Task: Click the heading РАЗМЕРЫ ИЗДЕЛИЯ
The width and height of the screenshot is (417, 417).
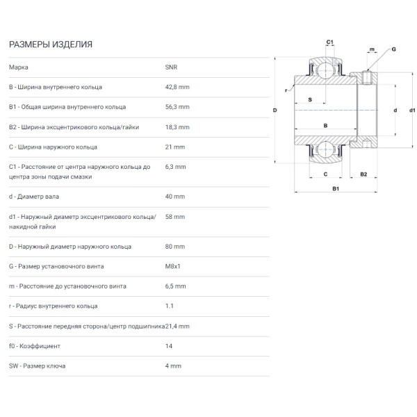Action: [x=51, y=44]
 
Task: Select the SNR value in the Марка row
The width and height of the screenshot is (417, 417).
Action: [x=171, y=67]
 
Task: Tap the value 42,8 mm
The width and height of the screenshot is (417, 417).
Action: [x=177, y=88]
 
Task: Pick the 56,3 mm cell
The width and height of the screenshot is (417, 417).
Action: [x=177, y=107]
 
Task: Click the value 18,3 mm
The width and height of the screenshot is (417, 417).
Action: [x=177, y=127]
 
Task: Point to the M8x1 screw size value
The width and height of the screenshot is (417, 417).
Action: [x=172, y=266]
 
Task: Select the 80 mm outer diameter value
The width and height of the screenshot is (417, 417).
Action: [x=174, y=247]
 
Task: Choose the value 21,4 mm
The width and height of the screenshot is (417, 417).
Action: [x=177, y=327]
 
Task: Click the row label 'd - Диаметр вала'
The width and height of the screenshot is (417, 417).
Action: [x=34, y=197]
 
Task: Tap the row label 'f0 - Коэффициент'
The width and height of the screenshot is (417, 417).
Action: [x=35, y=346]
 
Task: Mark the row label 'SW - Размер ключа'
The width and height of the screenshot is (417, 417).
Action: [x=38, y=366]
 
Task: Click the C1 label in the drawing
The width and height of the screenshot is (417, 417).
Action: [x=329, y=42]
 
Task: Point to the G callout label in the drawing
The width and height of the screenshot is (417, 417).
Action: [x=393, y=49]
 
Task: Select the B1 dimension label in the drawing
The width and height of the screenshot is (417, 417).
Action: [x=336, y=188]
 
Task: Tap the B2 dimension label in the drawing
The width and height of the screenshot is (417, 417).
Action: [x=363, y=174]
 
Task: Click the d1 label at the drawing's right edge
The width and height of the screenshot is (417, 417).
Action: [x=412, y=110]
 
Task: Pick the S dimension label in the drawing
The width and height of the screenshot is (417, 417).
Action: [x=310, y=99]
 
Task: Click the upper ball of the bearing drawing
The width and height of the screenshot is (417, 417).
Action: [x=325, y=71]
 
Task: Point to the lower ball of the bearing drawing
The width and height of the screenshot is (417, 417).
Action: [x=325, y=149]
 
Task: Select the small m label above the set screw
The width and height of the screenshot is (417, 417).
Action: [x=372, y=49]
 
